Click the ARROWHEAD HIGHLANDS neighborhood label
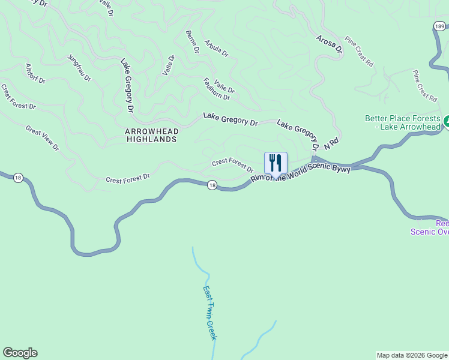coord(151,134)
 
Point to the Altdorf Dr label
coord(35,73)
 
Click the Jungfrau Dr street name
coord(79,68)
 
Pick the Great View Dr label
coord(43,138)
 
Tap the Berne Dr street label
coord(192,42)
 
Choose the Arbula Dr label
coord(216,48)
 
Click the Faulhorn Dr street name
coord(216,89)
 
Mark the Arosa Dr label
coord(330,44)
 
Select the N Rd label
coord(331,143)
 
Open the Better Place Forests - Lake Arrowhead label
coord(402,122)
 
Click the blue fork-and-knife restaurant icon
coord(276,163)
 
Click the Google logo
coord(20,353)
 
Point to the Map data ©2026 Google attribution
coord(412,355)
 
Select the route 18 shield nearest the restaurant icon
coord(212,185)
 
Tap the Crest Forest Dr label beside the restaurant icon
coord(233,164)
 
